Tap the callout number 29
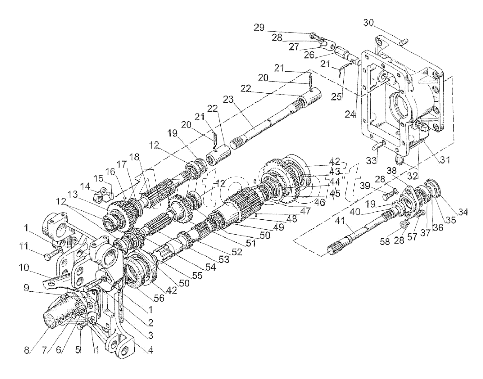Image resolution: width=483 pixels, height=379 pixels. [x=259, y=28]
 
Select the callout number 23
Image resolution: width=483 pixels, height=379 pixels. [x=228, y=99]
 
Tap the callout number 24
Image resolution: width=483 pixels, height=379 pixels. [x=350, y=114]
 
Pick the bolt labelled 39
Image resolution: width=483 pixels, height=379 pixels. [x=388, y=197]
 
